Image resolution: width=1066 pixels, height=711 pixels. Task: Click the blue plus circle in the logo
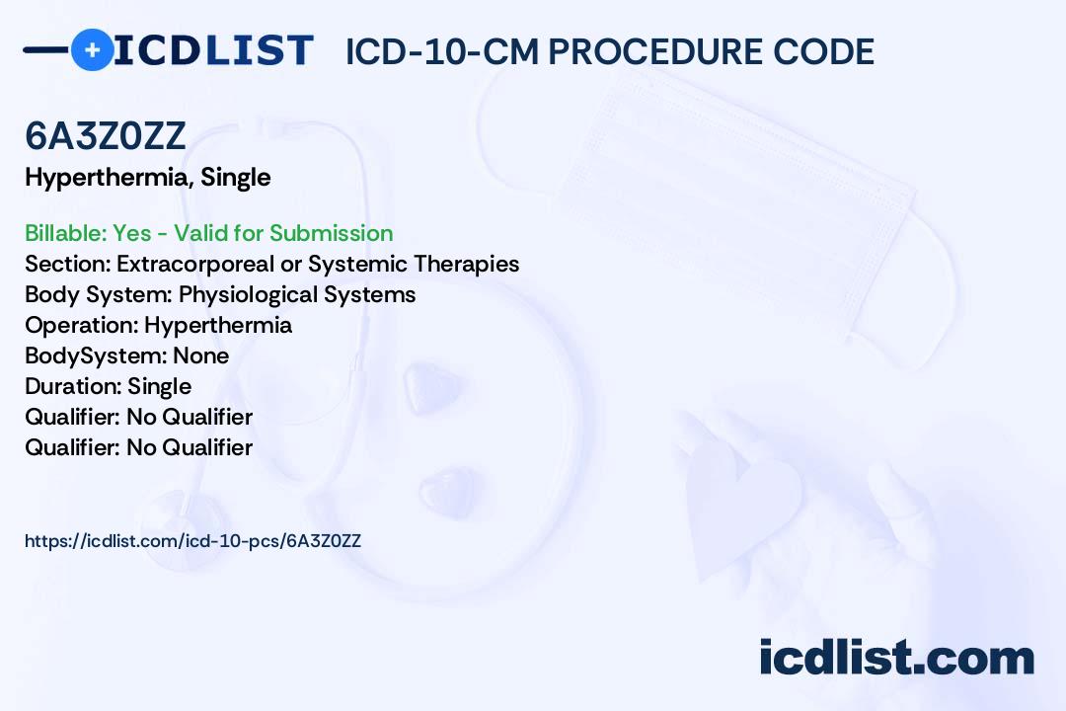click(92, 49)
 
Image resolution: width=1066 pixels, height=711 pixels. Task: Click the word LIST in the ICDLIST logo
click(259, 50)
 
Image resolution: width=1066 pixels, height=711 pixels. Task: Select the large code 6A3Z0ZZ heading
click(106, 136)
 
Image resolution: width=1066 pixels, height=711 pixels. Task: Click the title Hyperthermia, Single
click(148, 178)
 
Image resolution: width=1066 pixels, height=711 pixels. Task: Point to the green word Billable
click(65, 233)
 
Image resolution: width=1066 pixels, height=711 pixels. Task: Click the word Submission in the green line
click(331, 233)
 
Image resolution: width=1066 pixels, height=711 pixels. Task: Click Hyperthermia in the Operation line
click(218, 325)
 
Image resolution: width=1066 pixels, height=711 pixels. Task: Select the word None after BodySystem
click(201, 355)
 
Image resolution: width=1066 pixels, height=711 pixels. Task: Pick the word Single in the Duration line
click(160, 386)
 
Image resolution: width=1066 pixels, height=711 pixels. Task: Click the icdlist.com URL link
click(193, 541)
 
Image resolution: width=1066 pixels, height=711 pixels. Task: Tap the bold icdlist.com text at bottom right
click(896, 657)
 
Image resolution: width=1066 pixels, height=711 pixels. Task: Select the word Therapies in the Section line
click(466, 264)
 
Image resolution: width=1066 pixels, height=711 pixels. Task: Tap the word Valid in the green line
click(202, 233)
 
